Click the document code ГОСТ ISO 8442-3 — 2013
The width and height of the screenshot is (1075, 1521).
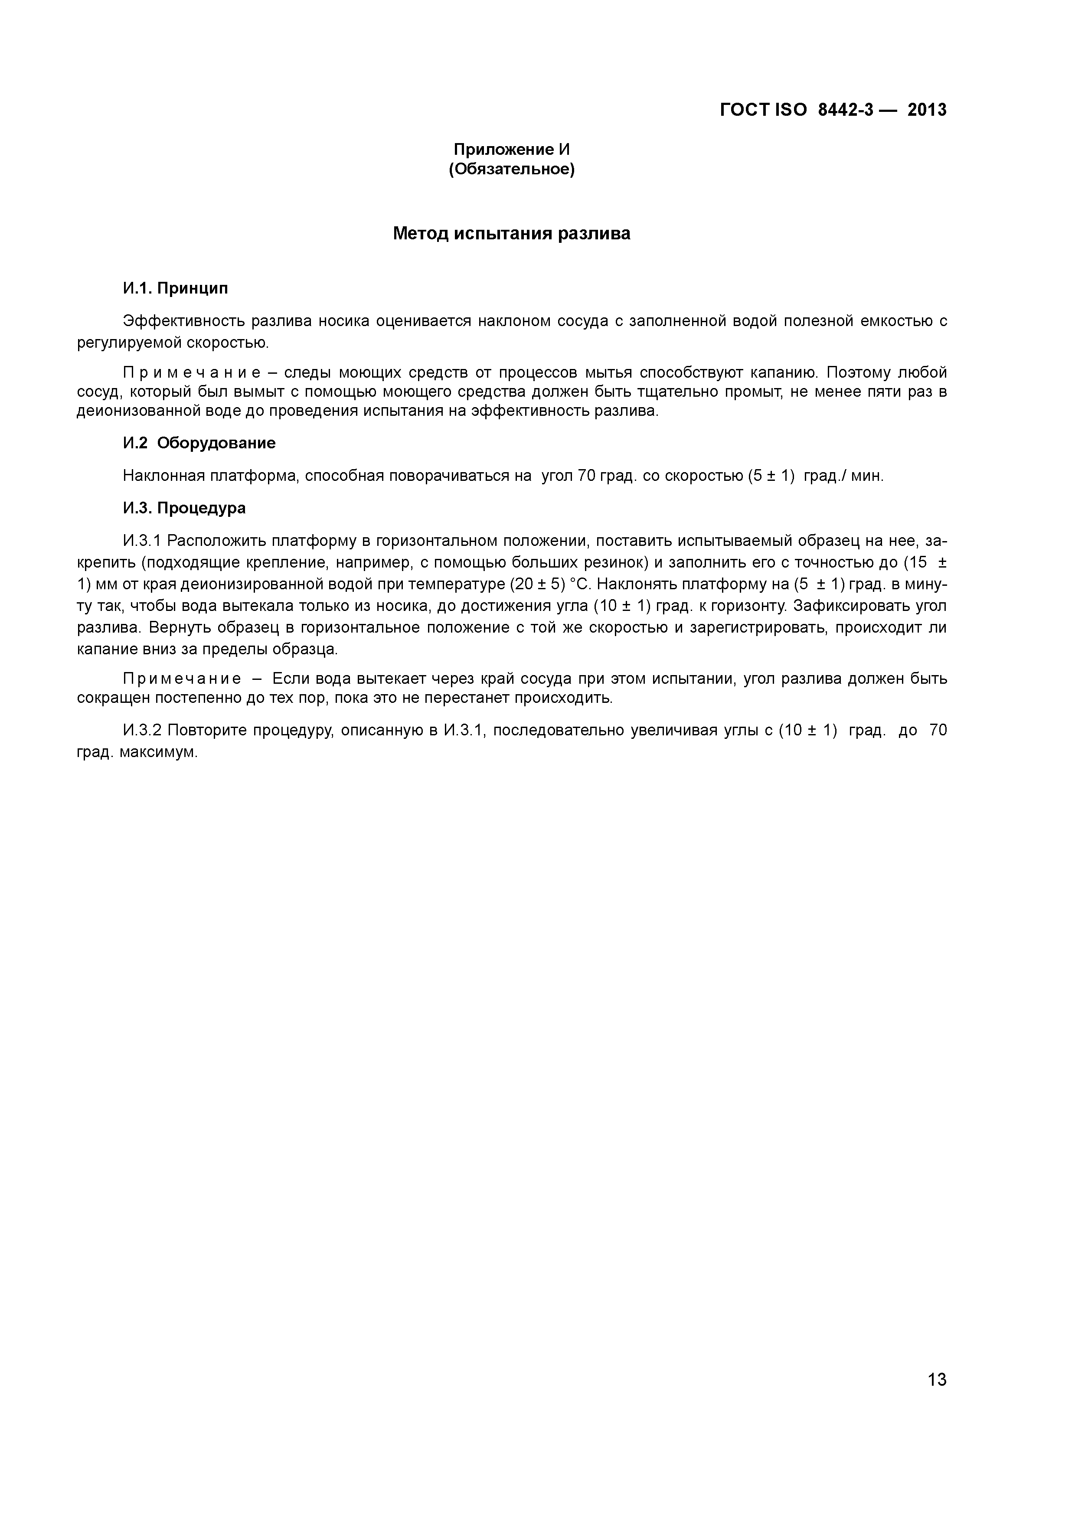click(x=833, y=110)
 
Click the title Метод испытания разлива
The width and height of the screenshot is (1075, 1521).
click(x=511, y=233)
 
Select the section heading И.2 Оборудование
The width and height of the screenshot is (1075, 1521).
click(x=199, y=443)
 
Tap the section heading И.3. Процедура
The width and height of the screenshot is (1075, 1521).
click(x=184, y=508)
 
